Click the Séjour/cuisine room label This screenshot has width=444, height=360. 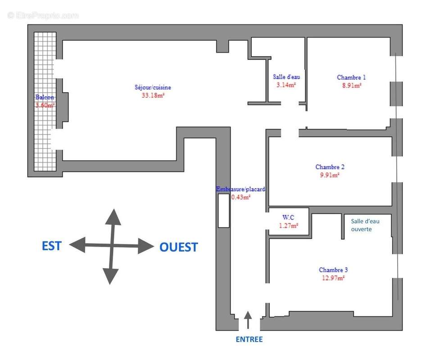coord(153,87)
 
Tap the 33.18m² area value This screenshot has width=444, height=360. coord(153,95)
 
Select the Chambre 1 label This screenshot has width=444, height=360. coord(351,77)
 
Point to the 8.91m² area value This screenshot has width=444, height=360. coord(352,85)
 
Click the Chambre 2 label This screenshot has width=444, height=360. coord(330,167)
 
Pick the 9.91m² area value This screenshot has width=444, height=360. coord(330,175)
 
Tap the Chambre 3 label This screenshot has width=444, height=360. coord(333,270)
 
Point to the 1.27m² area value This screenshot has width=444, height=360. coord(288,225)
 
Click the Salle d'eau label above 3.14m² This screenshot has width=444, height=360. coord(286,77)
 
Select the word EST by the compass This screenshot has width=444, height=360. coord(51,246)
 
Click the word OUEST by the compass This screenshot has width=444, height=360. coord(178,247)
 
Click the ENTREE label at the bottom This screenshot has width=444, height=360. coord(249,339)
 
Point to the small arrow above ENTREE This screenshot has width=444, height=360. coord(248,319)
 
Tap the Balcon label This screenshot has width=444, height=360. coord(45,97)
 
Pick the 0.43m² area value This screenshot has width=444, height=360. coord(241,197)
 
